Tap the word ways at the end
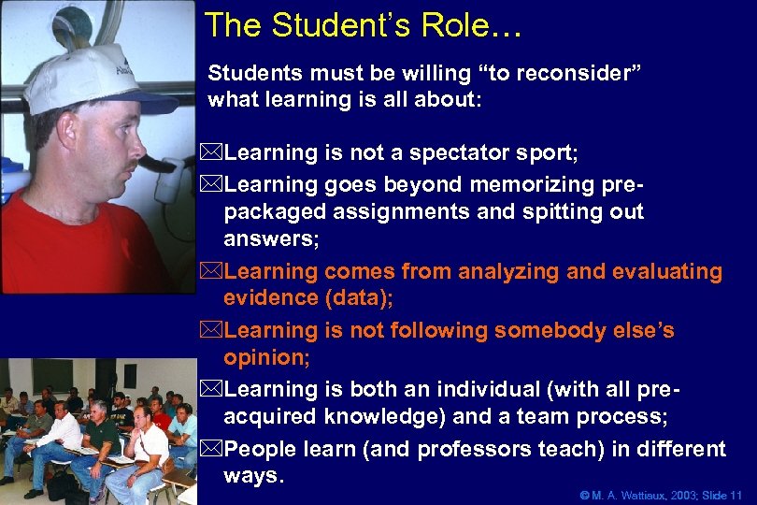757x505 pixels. coord(250,477)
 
